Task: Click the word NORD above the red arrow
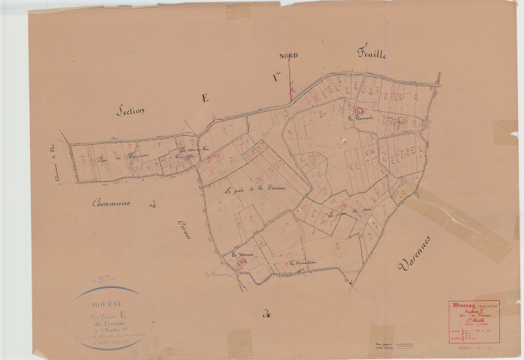(289, 55)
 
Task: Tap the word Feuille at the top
(370, 53)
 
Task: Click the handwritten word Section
(130, 109)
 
